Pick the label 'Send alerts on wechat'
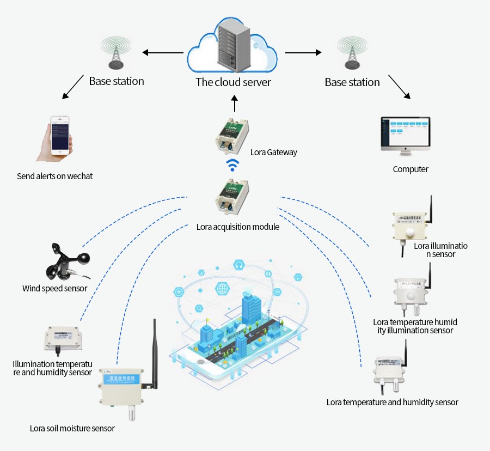point(54,176)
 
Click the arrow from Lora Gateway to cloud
point(235,103)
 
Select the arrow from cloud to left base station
point(163,53)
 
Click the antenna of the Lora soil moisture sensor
point(154,354)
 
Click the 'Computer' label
point(411,169)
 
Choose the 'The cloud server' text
point(233,82)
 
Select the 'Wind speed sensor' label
point(54,288)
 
